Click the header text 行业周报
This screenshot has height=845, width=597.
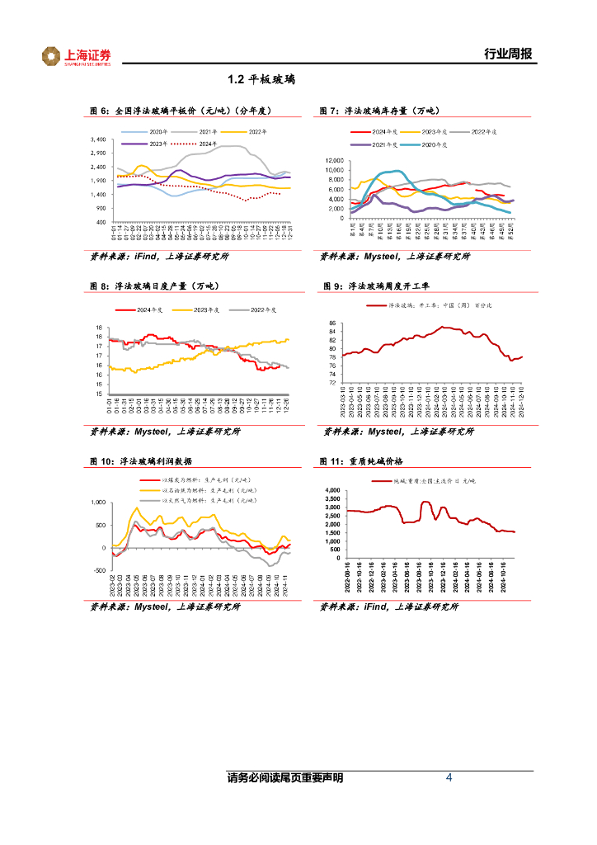point(508,54)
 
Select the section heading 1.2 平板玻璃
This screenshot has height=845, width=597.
point(261,80)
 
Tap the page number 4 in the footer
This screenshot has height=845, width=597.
point(449,778)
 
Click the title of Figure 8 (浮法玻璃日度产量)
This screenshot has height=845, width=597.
point(154,286)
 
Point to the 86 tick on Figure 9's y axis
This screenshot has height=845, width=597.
point(332,323)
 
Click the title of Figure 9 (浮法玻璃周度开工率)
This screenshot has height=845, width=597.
point(383,286)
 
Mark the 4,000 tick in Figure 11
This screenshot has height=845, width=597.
point(332,491)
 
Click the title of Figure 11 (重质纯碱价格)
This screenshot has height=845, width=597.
point(370,461)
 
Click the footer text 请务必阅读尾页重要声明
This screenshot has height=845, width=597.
point(284,778)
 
